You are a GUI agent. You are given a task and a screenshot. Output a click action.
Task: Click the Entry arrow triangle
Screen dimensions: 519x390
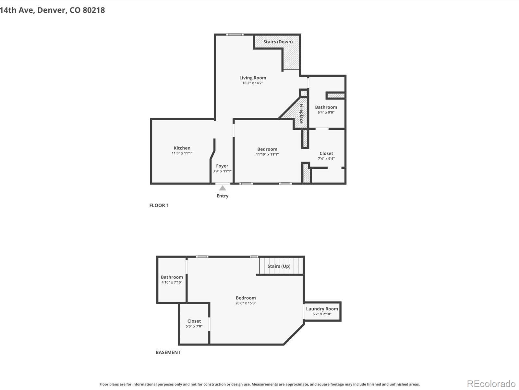click(223, 188)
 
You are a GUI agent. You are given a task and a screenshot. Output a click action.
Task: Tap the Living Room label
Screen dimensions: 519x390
click(253, 78)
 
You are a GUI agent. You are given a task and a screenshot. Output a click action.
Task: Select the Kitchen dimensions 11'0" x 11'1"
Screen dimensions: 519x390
click(182, 153)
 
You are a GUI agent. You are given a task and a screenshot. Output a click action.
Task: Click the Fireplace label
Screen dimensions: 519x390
click(301, 114)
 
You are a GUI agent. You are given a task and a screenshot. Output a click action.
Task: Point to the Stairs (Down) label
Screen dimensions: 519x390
click(278, 42)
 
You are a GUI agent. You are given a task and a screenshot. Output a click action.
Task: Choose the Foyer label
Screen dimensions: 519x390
click(222, 166)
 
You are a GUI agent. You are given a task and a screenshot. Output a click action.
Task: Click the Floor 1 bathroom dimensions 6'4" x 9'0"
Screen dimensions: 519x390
click(326, 112)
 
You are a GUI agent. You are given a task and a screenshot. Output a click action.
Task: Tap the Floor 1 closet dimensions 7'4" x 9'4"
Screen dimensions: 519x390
click(326, 159)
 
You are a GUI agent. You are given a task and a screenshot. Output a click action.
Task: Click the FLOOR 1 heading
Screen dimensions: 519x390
click(159, 205)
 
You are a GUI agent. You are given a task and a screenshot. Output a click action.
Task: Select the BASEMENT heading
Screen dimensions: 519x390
click(168, 352)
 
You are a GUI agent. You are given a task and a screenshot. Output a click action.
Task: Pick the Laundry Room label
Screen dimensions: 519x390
click(322, 309)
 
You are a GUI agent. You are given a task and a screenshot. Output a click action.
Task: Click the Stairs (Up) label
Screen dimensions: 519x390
click(279, 266)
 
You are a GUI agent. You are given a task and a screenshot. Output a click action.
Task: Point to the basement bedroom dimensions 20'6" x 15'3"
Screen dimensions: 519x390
click(246, 303)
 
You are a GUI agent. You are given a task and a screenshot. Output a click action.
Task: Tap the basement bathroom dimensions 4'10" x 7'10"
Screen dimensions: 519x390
click(172, 282)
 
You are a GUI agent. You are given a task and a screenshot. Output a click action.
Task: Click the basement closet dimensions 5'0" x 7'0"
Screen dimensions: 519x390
click(194, 326)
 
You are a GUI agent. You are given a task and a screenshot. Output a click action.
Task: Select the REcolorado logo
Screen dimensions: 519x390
click(491, 383)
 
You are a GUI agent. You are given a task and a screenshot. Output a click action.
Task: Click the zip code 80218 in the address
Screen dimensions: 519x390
click(94, 10)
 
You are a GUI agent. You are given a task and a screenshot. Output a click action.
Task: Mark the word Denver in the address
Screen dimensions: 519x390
click(51, 10)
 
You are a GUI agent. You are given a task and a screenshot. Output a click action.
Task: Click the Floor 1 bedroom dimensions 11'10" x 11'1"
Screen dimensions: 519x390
click(267, 154)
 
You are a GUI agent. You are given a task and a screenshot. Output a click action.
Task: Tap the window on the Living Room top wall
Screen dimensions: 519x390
click(235, 34)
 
